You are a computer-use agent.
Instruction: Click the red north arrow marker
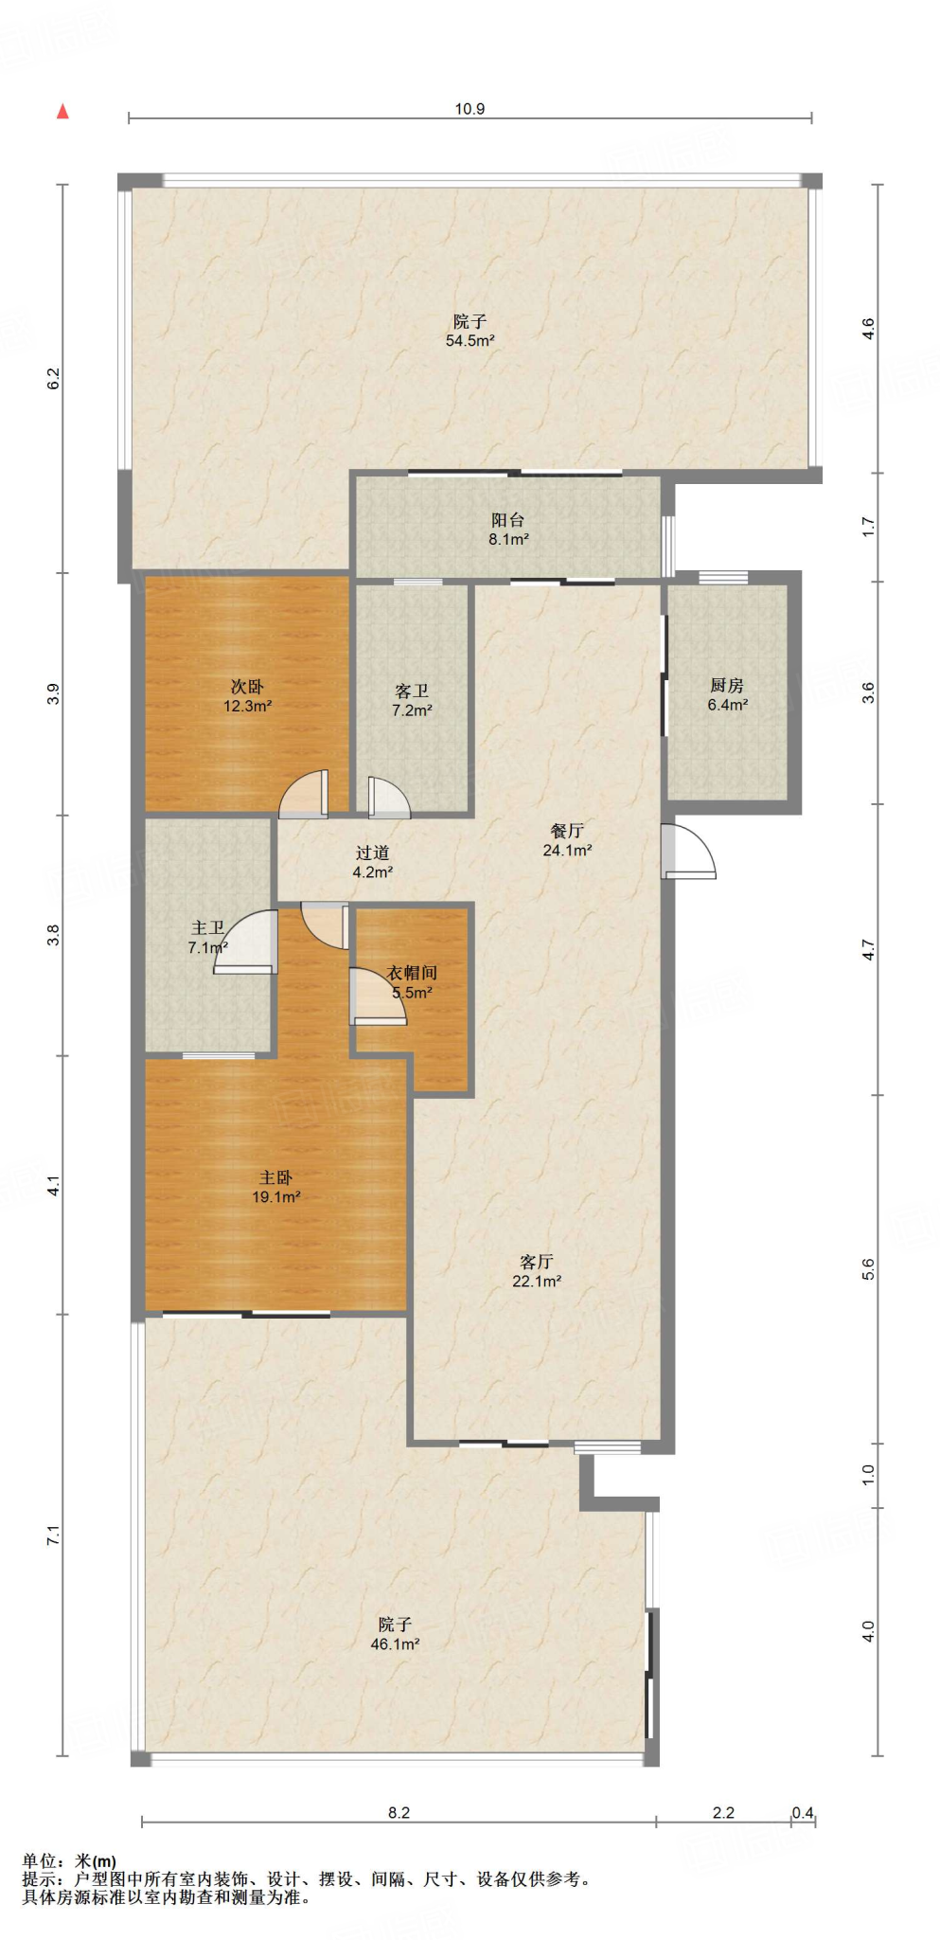point(62,112)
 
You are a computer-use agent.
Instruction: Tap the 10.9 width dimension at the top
point(470,109)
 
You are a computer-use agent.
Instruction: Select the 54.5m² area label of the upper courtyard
point(470,341)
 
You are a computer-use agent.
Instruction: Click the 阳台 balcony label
point(507,520)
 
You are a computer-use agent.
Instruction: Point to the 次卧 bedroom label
point(247,687)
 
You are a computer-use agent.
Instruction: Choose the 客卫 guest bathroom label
point(412,692)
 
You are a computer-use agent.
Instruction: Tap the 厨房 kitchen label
point(727,686)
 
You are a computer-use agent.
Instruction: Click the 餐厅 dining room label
point(567,831)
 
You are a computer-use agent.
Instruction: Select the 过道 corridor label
point(372,853)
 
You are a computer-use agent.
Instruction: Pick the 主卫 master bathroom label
point(207,928)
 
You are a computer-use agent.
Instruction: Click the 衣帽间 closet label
point(412,973)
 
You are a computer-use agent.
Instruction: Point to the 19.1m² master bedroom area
point(275,1197)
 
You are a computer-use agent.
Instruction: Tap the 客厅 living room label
point(536,1262)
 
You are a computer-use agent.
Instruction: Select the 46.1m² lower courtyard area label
point(395,1644)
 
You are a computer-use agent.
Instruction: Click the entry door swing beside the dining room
point(689,851)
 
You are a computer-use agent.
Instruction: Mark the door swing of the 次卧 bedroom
point(304,794)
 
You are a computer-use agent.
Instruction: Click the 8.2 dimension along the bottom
point(399,1812)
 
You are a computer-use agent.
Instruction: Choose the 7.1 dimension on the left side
point(54,1536)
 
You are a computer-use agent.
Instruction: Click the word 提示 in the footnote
point(40,1878)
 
